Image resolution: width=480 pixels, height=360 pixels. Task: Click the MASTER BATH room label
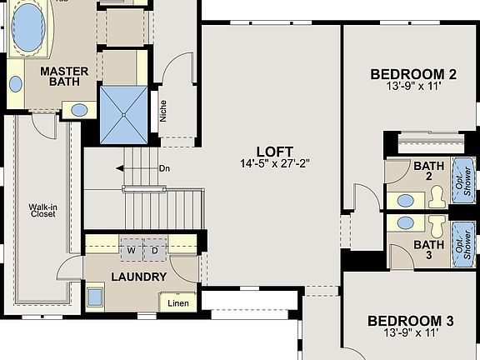(64, 78)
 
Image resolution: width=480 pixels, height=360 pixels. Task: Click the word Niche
(163, 111)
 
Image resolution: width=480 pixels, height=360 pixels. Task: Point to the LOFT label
(274, 151)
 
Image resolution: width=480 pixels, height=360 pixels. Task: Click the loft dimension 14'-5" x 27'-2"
(274, 164)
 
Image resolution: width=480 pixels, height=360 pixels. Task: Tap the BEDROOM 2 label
(413, 74)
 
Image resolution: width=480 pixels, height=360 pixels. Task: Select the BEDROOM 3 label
(411, 321)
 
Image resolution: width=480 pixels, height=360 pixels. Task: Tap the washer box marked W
(131, 250)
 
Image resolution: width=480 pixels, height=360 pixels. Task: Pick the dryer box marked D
(154, 250)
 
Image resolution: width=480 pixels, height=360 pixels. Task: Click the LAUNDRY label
(139, 277)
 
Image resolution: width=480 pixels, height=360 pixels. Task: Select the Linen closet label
(178, 302)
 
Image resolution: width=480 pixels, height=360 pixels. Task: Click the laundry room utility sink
(96, 296)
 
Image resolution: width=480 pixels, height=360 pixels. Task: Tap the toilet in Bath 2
(437, 198)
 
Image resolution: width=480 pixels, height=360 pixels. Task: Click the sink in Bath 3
(405, 222)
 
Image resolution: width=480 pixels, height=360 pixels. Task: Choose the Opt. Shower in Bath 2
(462, 180)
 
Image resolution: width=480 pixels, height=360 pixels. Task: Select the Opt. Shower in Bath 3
(462, 243)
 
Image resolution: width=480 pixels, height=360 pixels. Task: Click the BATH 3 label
(428, 250)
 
